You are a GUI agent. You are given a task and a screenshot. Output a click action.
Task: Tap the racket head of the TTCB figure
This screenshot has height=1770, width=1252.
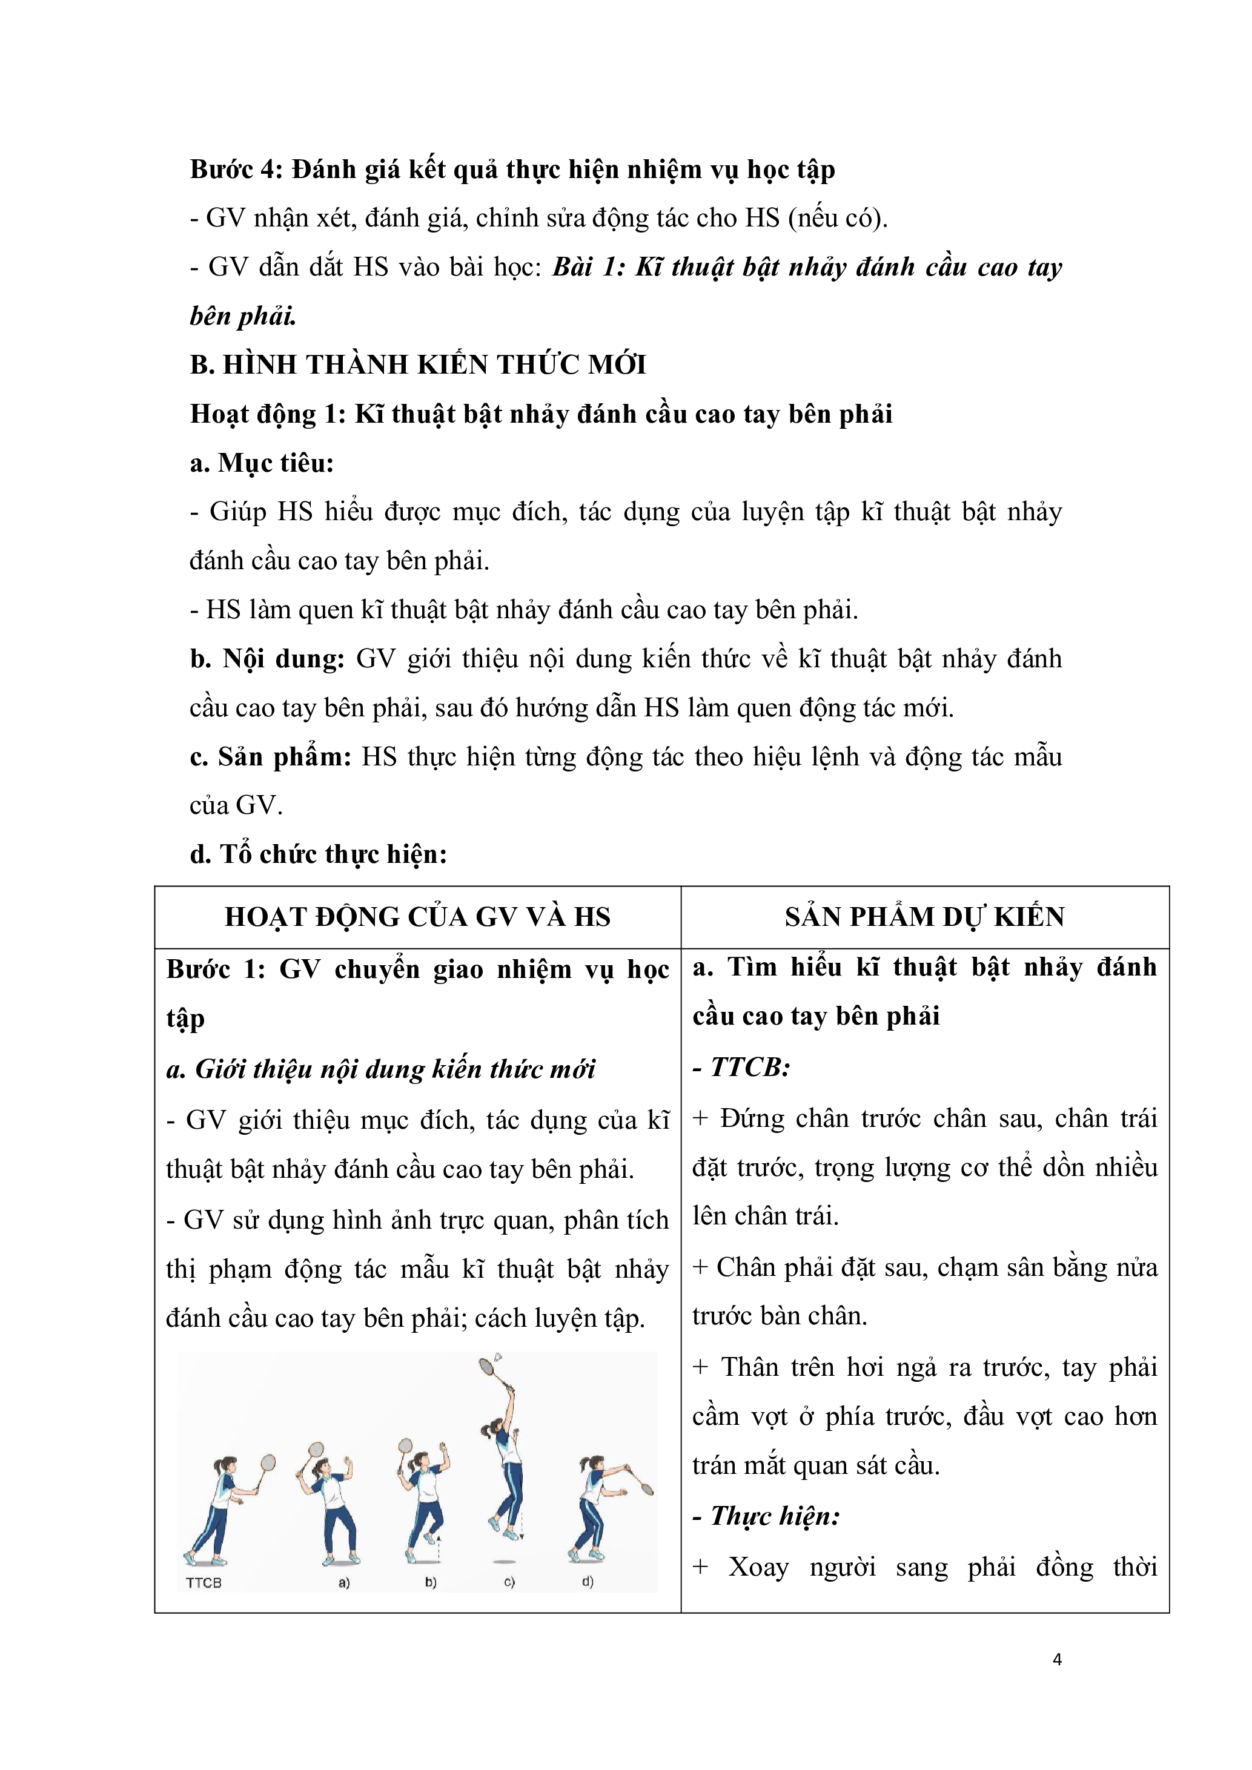(268, 1462)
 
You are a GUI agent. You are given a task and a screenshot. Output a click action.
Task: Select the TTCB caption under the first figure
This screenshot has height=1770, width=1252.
(204, 1583)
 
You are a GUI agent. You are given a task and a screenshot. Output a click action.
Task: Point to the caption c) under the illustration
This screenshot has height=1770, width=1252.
(509, 1583)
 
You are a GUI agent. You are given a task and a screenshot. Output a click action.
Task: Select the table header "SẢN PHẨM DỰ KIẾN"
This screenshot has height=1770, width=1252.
(924, 917)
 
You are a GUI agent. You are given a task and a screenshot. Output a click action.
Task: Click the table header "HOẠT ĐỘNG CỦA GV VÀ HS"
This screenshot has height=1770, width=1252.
(417, 917)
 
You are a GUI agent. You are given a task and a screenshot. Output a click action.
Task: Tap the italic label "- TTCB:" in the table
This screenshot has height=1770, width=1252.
(741, 1067)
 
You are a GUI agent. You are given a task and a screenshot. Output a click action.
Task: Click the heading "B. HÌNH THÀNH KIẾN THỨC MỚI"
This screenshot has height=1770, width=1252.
(418, 365)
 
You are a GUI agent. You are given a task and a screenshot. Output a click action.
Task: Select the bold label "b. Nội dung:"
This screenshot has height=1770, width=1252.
(267, 659)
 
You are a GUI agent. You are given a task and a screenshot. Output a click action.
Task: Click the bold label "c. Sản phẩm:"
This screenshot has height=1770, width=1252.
(270, 757)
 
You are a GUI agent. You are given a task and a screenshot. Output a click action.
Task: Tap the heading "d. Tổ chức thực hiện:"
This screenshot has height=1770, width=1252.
(319, 854)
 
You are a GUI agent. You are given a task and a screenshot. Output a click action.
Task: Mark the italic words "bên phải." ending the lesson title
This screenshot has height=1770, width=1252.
(243, 316)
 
